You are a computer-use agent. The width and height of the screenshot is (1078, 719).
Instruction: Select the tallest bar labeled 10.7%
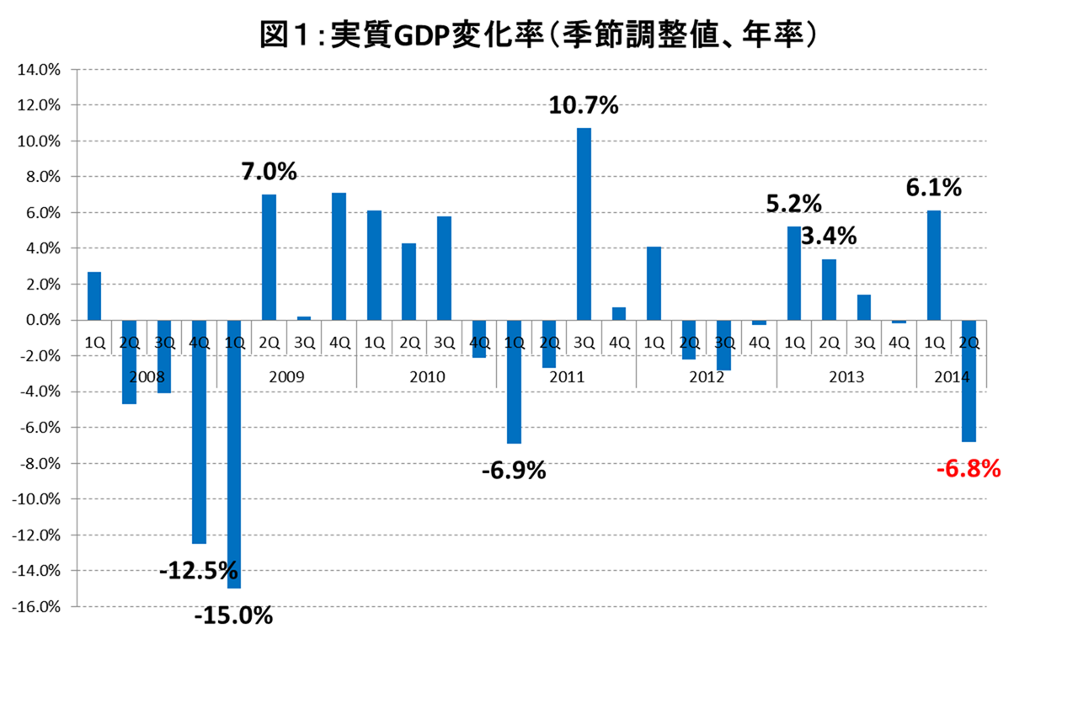pyautogui.click(x=584, y=224)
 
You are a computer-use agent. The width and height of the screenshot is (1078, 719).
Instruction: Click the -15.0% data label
pyautogui.click(x=233, y=616)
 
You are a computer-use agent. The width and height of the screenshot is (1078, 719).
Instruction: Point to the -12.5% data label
pyautogui.click(x=199, y=573)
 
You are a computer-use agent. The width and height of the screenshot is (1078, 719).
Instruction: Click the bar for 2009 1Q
pyautogui.click(x=233, y=455)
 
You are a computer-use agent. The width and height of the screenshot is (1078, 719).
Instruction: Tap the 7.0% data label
pyautogui.click(x=269, y=173)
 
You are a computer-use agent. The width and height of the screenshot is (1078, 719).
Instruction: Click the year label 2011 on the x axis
pyautogui.click(x=566, y=376)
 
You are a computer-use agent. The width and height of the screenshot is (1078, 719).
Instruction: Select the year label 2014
pyautogui.click(x=951, y=376)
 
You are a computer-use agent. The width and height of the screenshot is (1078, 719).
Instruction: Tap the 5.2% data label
pyautogui.click(x=793, y=204)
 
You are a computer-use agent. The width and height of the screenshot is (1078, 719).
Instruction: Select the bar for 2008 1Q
pyautogui.click(x=93, y=296)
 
